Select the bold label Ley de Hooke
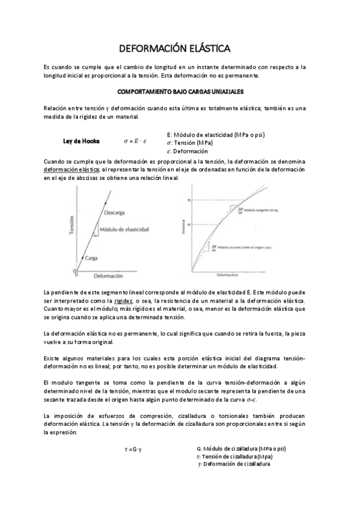click(x=82, y=141)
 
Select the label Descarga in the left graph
click(x=114, y=213)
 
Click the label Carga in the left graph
click(x=91, y=257)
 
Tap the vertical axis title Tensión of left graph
click(x=72, y=229)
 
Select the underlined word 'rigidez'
click(x=124, y=300)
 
